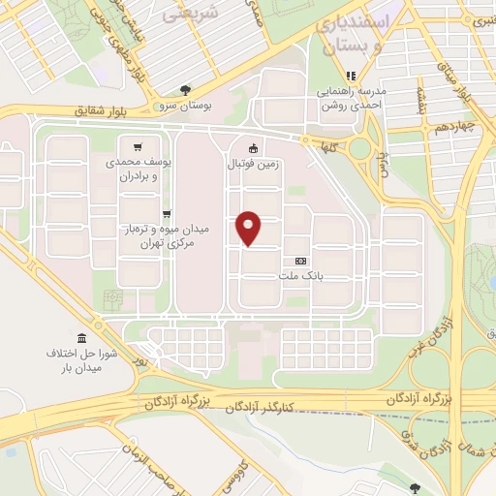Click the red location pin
[250, 228]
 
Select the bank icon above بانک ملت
[299, 261]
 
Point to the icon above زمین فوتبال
[254, 148]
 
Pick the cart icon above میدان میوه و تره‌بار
[167, 213]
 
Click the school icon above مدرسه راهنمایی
[352, 75]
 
